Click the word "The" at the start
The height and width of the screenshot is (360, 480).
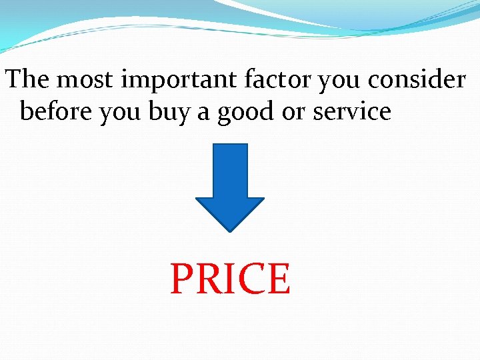pos(29,80)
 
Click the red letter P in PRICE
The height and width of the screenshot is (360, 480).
pos(182,279)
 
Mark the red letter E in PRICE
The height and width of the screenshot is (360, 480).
pos(277,279)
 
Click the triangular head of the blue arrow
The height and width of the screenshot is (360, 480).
pos(229,212)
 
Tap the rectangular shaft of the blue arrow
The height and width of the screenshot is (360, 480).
pos(229,170)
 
